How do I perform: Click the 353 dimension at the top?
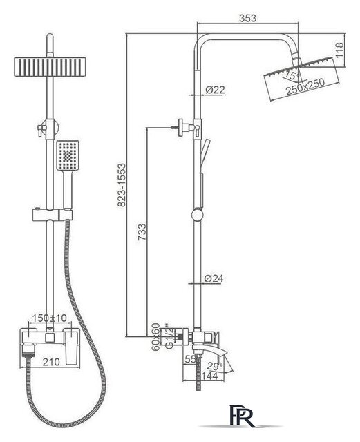pyautogui.click(x=247, y=18)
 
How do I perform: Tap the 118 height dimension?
pyautogui.click(x=339, y=50)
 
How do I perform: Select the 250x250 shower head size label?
pyautogui.click(x=305, y=86)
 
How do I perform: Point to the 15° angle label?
pyautogui.click(x=291, y=75)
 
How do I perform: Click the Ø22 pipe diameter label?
pyautogui.click(x=215, y=90)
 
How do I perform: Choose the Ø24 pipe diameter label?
pyautogui.click(x=214, y=278)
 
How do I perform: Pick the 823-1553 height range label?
pyautogui.click(x=122, y=185)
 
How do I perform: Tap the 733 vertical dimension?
pyautogui.click(x=142, y=232)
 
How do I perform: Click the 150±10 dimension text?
pyautogui.click(x=49, y=318)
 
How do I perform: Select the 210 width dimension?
pyautogui.click(x=51, y=362)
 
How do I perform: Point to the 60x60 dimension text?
pyautogui.click(x=155, y=337)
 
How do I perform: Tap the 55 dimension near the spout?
pyautogui.click(x=191, y=359)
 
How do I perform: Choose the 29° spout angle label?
pyautogui.click(x=215, y=366)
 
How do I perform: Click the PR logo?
pyautogui.click(x=242, y=416)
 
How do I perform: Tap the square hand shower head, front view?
pyautogui.click(x=68, y=155)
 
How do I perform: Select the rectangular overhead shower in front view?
pyautogui.click(x=50, y=66)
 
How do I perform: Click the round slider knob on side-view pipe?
pyautogui.click(x=197, y=215)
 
